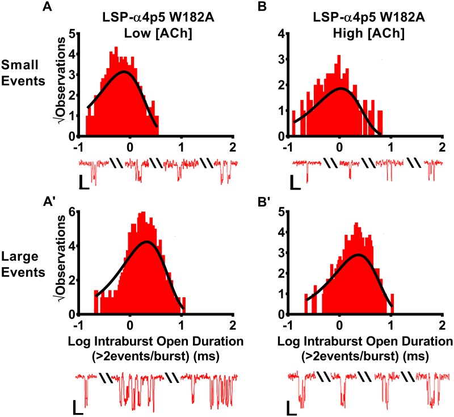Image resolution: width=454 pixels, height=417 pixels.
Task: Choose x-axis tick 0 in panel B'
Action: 339,325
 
